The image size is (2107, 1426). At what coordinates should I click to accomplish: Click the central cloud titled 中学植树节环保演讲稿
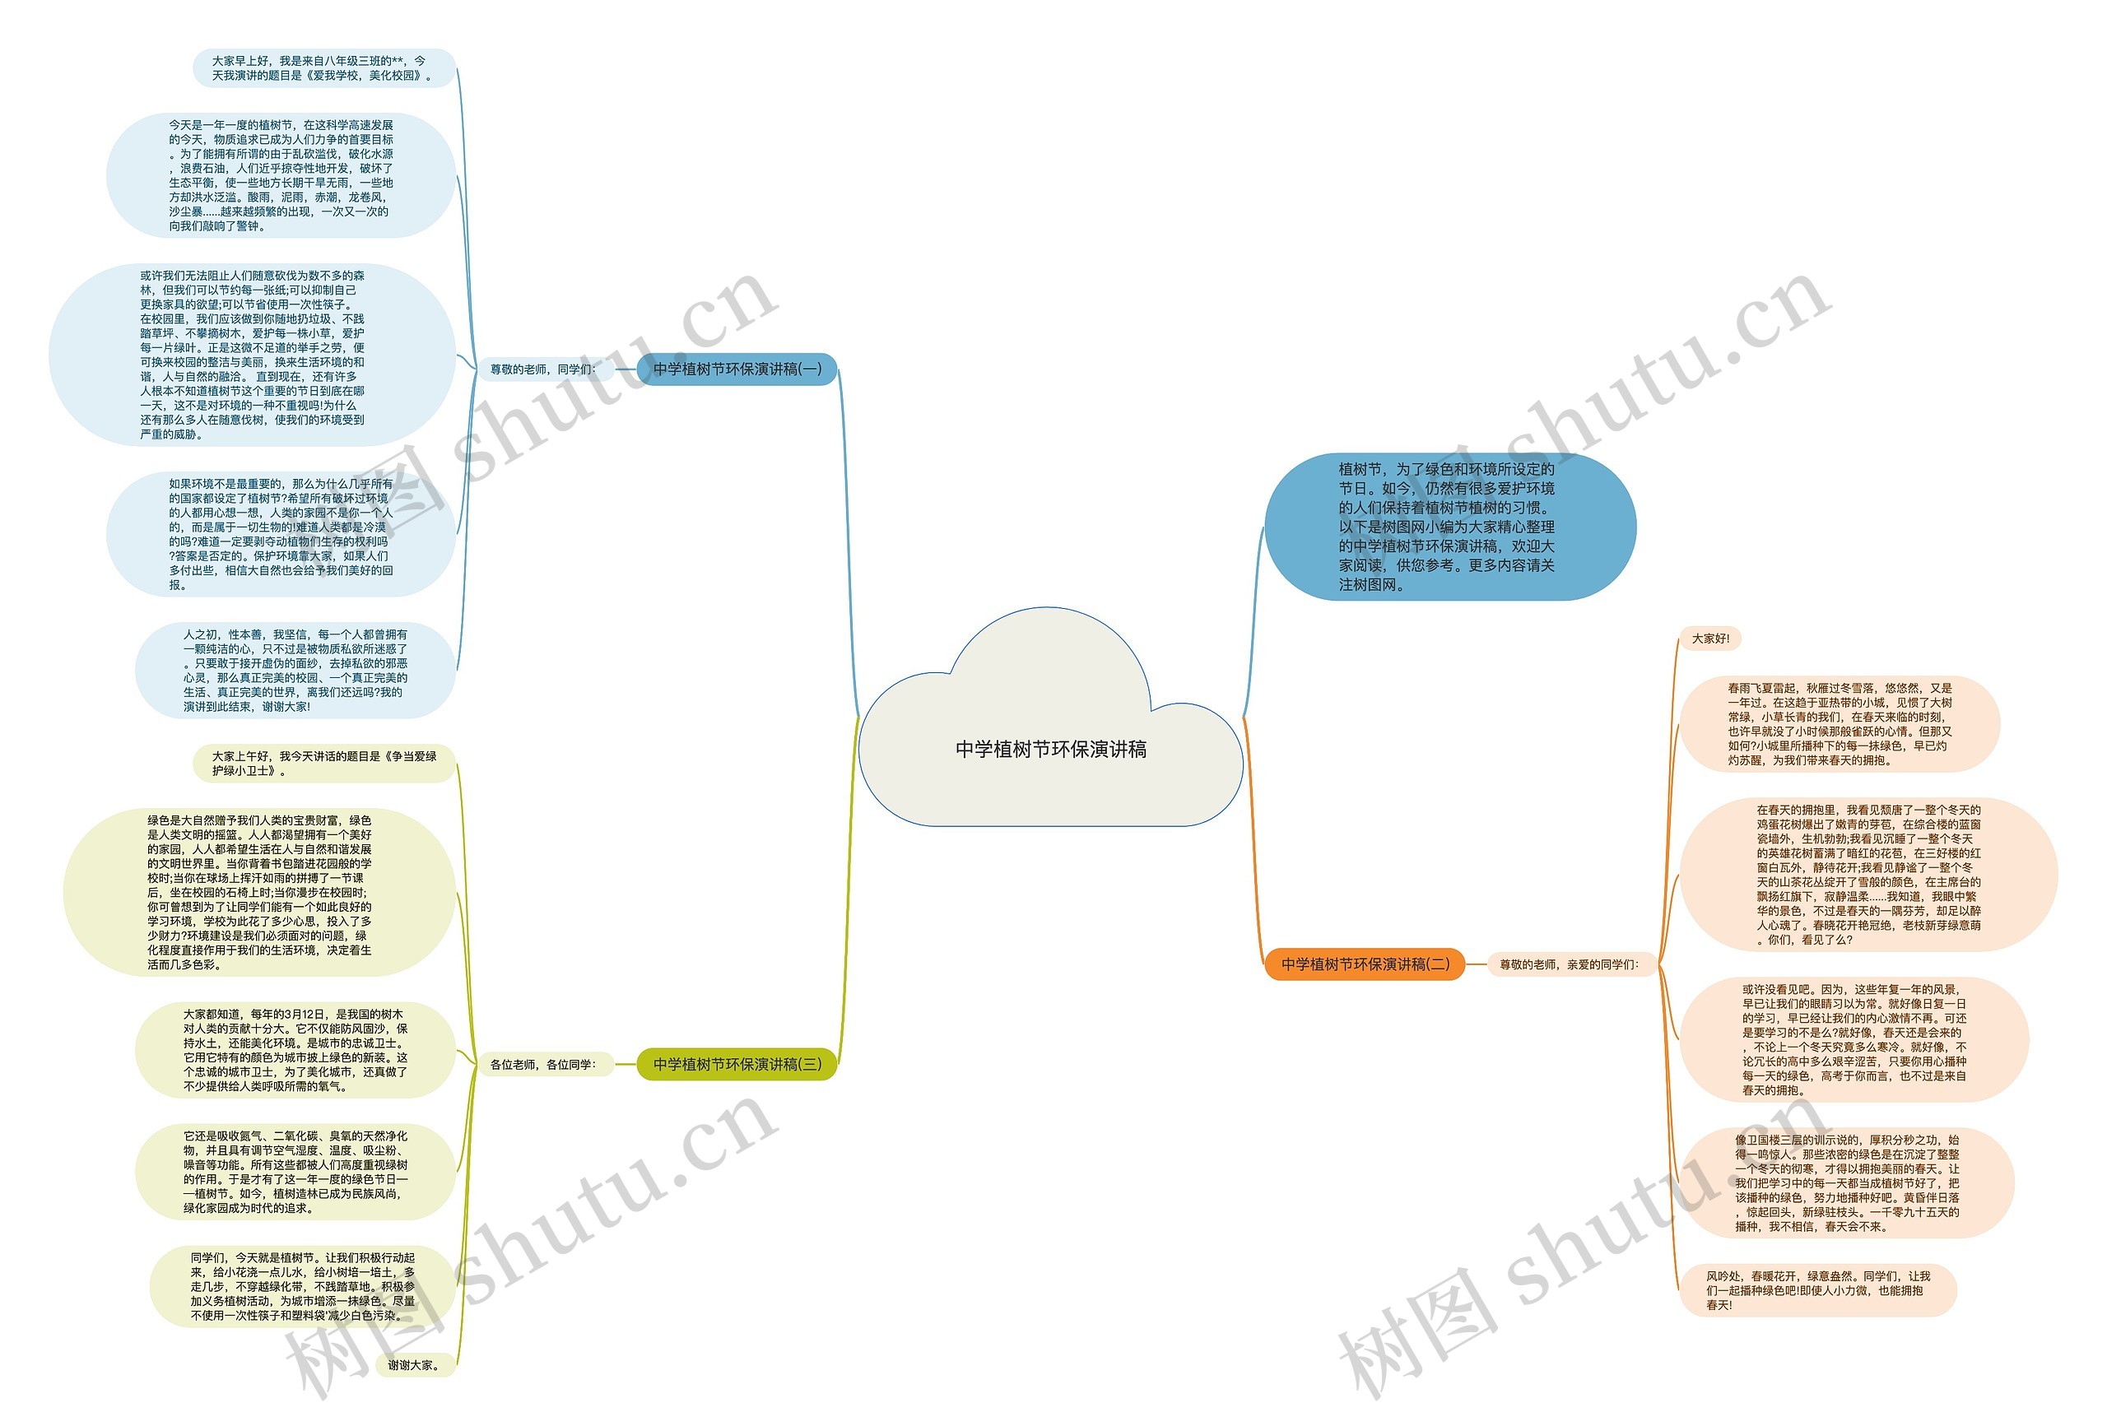tap(1050, 749)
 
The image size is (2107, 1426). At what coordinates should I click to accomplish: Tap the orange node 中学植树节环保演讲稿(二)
tap(1365, 964)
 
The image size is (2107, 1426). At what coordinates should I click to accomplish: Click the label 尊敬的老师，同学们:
tap(543, 369)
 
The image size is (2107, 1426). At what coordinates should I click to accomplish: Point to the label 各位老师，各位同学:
tap(543, 1063)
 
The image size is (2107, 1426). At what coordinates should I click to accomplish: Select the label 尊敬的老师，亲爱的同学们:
tap(1569, 964)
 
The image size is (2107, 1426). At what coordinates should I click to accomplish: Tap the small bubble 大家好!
tap(1710, 639)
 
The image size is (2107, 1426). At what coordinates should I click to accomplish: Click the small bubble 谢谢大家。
tap(414, 1364)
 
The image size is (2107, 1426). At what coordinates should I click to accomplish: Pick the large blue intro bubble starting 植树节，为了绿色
tap(1449, 527)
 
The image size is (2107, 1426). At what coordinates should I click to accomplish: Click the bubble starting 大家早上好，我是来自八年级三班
tap(323, 68)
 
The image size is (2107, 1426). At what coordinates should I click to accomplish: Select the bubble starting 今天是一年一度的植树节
tap(281, 175)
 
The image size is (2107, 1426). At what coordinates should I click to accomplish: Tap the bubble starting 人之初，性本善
tap(295, 670)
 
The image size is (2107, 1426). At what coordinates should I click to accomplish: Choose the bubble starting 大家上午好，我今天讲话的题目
tap(323, 763)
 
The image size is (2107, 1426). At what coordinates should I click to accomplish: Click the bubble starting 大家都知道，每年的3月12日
tap(295, 1049)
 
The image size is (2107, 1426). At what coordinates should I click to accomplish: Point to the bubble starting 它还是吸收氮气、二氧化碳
tap(295, 1171)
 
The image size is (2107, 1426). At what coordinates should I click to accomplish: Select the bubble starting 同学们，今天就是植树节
tap(303, 1285)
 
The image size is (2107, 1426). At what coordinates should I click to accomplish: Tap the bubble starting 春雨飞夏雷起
tap(1839, 723)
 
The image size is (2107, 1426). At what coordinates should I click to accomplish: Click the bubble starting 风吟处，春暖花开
tap(1817, 1289)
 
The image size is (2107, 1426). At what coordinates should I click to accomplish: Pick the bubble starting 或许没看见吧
tap(1854, 1039)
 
